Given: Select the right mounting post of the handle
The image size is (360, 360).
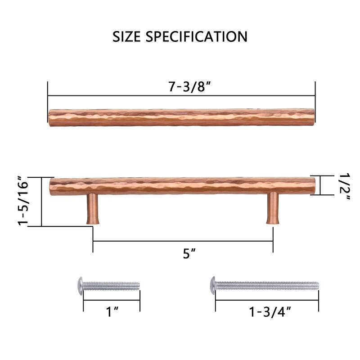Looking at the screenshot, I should [x=273, y=208].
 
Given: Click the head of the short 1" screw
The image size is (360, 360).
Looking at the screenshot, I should [x=81, y=284].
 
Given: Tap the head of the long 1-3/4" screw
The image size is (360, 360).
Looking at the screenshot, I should [x=213, y=285].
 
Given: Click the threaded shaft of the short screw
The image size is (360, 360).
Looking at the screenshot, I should [x=112, y=285].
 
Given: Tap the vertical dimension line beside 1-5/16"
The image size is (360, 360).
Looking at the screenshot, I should [x=41, y=201].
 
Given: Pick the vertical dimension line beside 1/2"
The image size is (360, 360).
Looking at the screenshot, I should [x=320, y=185].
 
